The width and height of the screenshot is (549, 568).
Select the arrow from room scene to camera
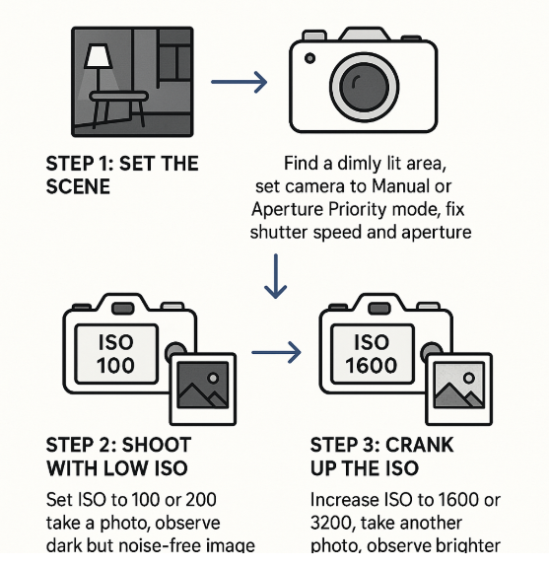coord(240,82)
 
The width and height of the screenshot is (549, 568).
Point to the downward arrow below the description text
coord(275,277)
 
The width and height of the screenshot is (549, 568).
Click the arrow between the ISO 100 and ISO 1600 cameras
coord(275,350)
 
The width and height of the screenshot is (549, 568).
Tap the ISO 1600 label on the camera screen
coord(372,353)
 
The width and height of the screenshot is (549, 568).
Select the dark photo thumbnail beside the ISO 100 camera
coord(204,388)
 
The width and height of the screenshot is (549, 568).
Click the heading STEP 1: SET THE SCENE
coord(121,174)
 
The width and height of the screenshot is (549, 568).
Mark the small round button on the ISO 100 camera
coord(175,352)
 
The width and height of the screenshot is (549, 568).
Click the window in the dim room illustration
coord(172,61)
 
